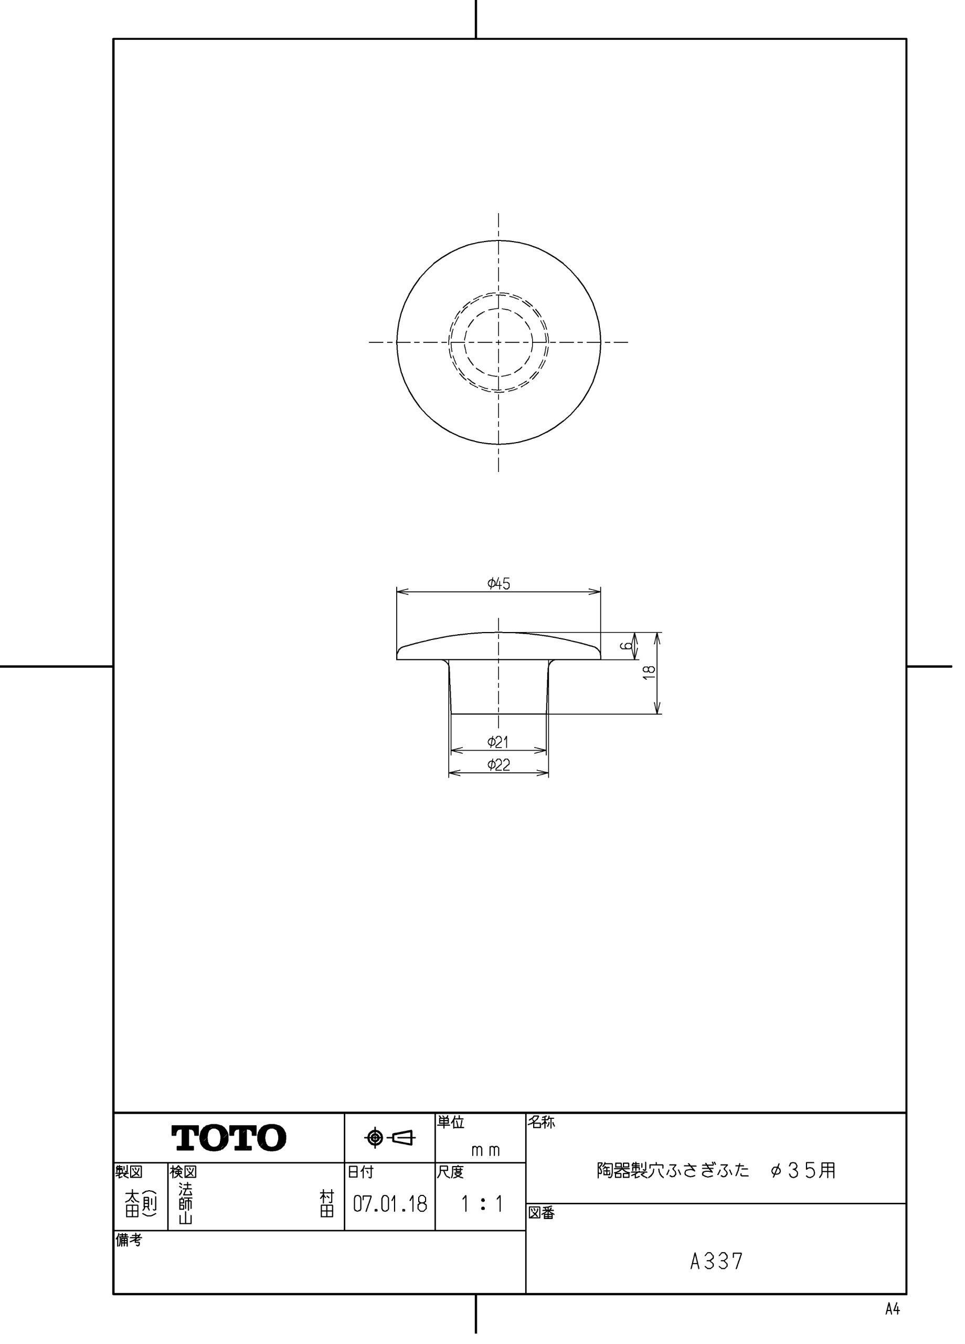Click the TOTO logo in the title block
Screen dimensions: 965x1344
point(229,1137)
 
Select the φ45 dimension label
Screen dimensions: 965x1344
point(499,584)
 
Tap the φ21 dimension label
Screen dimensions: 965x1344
point(498,741)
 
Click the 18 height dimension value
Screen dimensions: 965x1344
point(649,672)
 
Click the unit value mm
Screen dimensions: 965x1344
point(485,1150)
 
